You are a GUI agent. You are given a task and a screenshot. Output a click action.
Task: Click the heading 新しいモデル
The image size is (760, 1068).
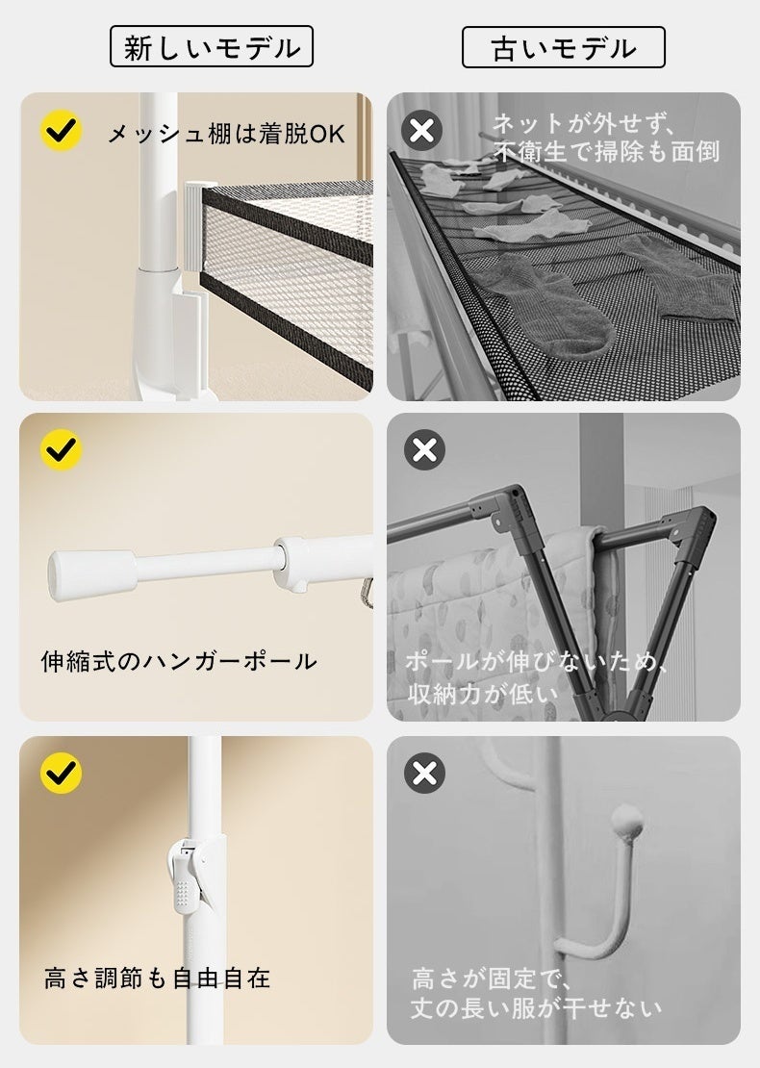pos(212,47)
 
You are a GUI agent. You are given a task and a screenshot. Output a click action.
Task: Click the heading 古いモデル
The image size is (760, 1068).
pos(563,48)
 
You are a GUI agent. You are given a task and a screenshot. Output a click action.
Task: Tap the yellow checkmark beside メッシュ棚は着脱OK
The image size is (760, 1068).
pos(62,130)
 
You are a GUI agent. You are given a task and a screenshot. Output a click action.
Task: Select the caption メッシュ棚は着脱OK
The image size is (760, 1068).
pos(226,134)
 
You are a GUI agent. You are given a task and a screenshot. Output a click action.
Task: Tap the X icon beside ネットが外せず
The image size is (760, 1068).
pos(421,130)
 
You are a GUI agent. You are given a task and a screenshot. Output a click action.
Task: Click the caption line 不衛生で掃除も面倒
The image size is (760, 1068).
pos(606,151)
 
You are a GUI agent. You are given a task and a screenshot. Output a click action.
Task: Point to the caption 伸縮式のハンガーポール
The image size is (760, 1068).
pos(179,661)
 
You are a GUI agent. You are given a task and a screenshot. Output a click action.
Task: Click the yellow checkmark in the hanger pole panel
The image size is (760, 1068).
pos(62,449)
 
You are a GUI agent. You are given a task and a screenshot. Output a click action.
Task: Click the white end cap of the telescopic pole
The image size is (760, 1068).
pos(92,574)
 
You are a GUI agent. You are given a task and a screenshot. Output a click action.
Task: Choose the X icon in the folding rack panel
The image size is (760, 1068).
pos(424,449)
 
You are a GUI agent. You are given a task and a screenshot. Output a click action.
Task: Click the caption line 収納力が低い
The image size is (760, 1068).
pos(483,694)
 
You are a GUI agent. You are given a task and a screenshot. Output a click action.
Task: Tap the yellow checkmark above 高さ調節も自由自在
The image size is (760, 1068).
pos(62,773)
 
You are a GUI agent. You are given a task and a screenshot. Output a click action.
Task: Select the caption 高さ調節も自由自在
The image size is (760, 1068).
pos(158,979)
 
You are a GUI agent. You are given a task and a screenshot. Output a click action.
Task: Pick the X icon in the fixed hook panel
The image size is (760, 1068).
pos(424,773)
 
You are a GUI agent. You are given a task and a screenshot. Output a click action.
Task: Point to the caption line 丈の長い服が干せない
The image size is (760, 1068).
pos(535,1008)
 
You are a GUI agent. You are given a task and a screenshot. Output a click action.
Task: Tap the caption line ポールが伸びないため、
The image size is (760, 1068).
pos(536,661)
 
